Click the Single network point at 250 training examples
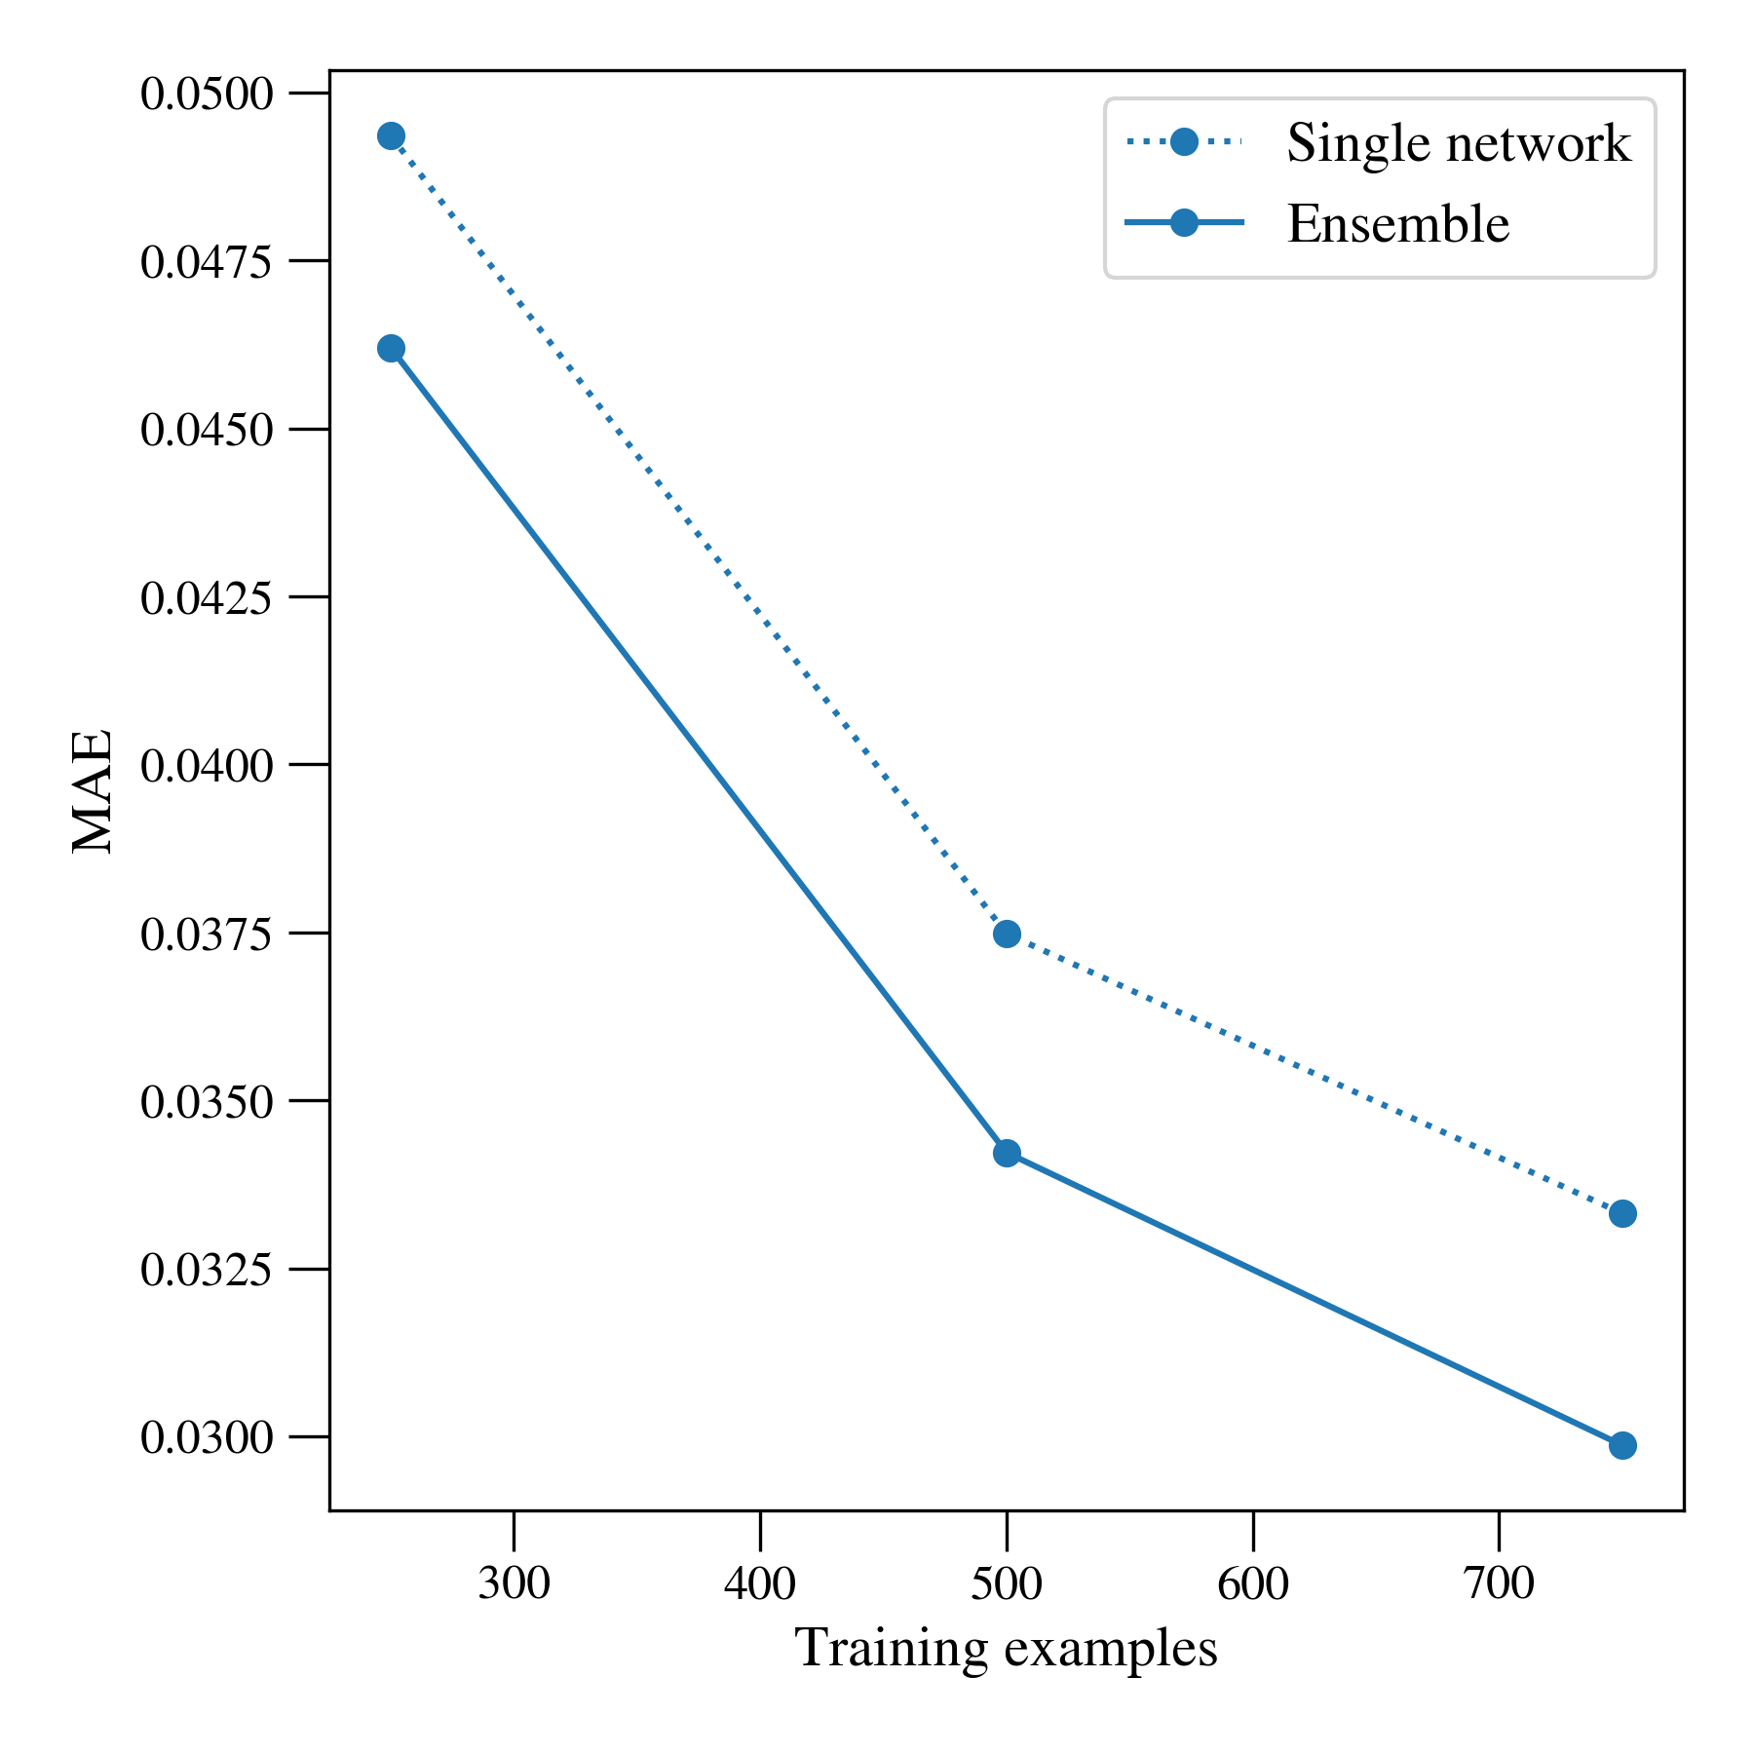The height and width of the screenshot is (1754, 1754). click(391, 135)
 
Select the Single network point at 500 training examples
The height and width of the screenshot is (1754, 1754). click(1007, 934)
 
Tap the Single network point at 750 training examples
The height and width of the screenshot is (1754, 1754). click(1622, 1213)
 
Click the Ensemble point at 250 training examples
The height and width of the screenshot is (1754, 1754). click(391, 348)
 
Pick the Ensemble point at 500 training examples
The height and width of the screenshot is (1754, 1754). click(1007, 1153)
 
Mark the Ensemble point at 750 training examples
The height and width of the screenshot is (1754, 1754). click(1622, 1445)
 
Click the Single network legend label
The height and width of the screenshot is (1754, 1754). click(1459, 143)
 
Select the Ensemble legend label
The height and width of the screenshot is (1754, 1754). click(1398, 224)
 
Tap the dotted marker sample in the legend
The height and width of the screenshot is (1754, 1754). click(1184, 142)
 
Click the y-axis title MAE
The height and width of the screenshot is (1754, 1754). click(94, 790)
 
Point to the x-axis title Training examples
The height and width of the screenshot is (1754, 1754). click(1007, 1650)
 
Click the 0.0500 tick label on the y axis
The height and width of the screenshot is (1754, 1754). click(209, 95)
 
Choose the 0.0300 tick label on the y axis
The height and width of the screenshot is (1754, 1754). click(209, 1437)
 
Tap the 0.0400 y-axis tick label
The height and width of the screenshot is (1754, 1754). click(209, 766)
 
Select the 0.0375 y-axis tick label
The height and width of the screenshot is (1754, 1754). click(209, 934)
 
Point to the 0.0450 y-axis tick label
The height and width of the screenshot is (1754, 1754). click(209, 431)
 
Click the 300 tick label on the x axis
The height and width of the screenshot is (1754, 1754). click(514, 1583)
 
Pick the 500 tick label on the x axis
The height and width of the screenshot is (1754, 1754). click(1007, 1583)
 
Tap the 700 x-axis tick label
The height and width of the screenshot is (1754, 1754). click(1499, 1583)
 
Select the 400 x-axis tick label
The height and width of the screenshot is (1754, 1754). click(760, 1583)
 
